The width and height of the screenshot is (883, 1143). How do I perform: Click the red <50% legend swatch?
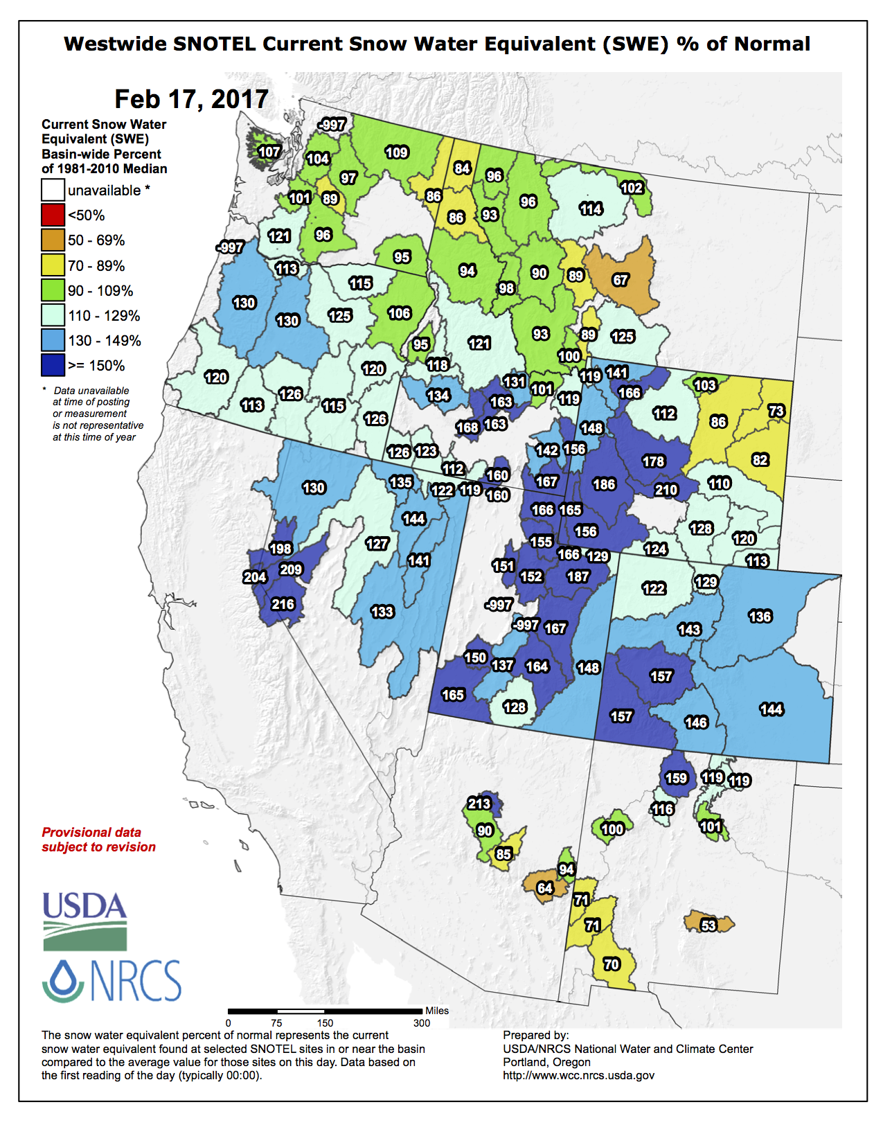[x=53, y=215]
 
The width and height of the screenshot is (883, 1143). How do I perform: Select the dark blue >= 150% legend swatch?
[x=53, y=365]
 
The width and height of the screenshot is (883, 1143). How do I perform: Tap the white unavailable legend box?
[x=53, y=190]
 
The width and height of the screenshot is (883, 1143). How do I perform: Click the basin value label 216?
[x=283, y=604]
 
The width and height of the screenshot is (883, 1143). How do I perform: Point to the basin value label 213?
[x=479, y=804]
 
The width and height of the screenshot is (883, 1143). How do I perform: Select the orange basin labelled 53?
[x=708, y=925]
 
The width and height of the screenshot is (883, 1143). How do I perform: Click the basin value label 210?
[x=666, y=490]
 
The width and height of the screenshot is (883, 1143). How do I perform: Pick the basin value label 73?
[x=776, y=411]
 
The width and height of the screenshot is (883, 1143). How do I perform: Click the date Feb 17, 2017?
[x=191, y=99]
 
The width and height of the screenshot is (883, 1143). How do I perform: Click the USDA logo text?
[x=84, y=906]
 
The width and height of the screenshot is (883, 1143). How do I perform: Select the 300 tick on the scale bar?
[x=421, y=1023]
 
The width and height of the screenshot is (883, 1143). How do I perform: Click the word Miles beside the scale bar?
[x=437, y=1011]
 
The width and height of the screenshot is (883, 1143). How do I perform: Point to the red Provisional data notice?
[x=98, y=840]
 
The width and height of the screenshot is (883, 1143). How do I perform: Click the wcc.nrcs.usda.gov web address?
[x=578, y=1075]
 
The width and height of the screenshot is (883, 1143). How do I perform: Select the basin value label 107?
[x=269, y=152]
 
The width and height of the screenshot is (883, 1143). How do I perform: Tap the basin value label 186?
[x=604, y=484]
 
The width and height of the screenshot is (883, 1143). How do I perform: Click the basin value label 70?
[x=611, y=964]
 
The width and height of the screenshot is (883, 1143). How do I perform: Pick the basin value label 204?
[x=254, y=577]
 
